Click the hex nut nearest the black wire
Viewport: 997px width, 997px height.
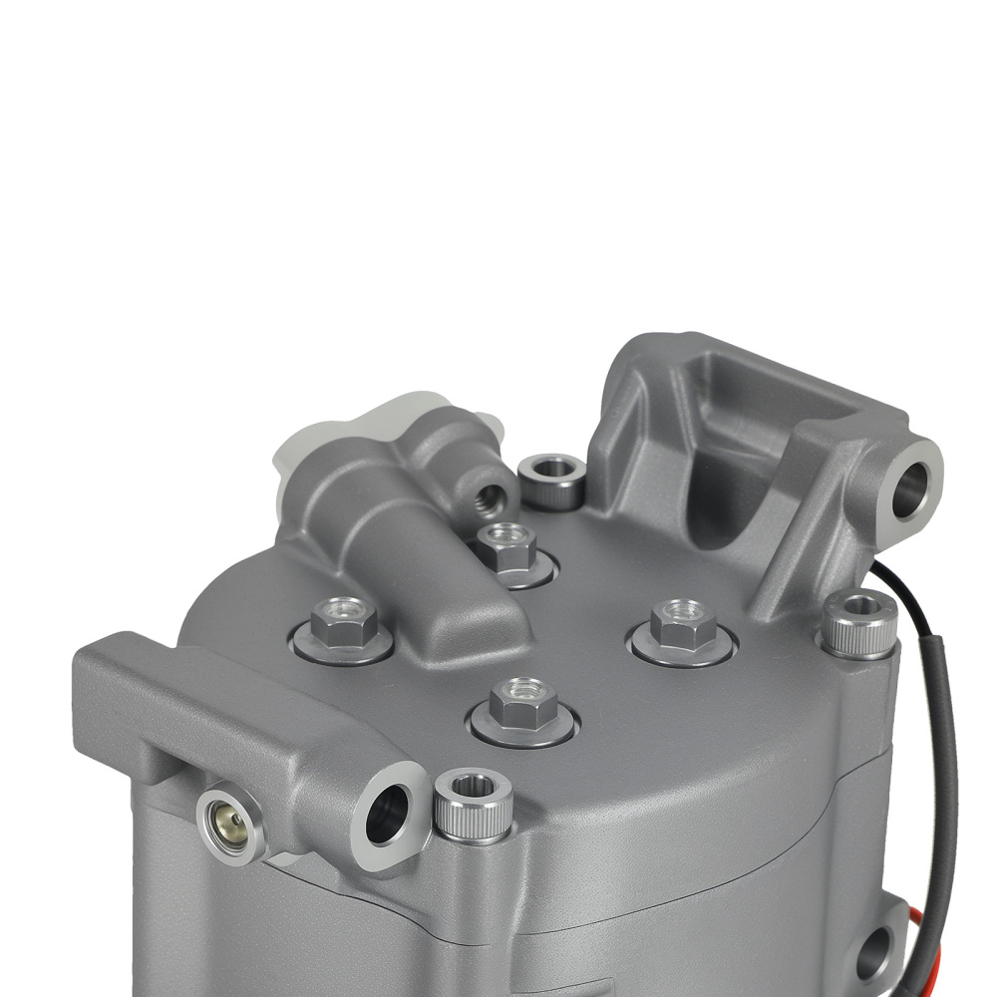(x=681, y=623)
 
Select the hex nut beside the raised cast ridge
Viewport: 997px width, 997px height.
(x=343, y=622)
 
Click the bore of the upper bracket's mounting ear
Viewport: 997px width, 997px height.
(x=910, y=486)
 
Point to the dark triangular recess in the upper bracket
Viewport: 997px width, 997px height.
(x=738, y=498)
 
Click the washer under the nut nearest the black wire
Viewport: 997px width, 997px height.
(x=682, y=648)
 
